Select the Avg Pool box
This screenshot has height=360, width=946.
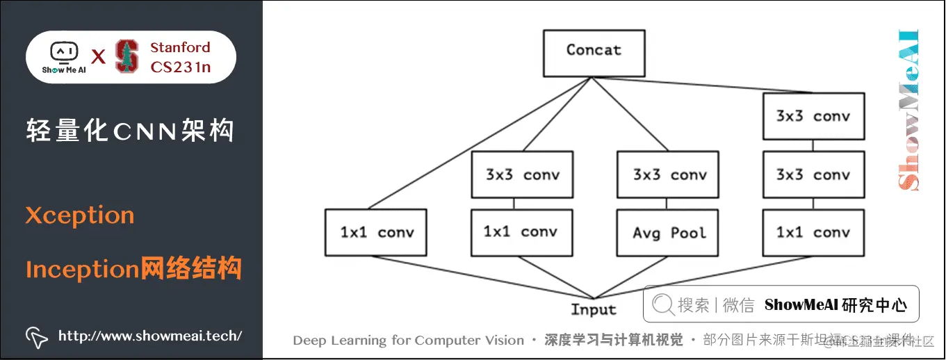669,233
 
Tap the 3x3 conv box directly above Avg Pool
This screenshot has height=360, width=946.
669,175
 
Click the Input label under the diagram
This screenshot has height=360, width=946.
594,310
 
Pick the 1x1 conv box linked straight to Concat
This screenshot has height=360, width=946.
376,233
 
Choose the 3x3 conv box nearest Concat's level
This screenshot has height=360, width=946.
813,116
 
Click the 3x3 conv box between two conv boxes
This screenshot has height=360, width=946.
813,175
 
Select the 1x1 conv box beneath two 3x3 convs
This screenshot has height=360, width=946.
813,233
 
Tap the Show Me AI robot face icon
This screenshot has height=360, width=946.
64,52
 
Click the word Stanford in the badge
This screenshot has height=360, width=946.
180,48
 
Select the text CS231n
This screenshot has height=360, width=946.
180,67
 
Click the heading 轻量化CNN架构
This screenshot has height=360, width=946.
130,131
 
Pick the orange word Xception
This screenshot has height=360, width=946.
80,215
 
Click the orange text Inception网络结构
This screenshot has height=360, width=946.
133,268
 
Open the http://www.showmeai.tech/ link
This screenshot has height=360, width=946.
150,336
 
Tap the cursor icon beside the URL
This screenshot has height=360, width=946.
36,336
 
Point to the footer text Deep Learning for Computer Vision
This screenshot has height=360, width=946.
408,341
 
